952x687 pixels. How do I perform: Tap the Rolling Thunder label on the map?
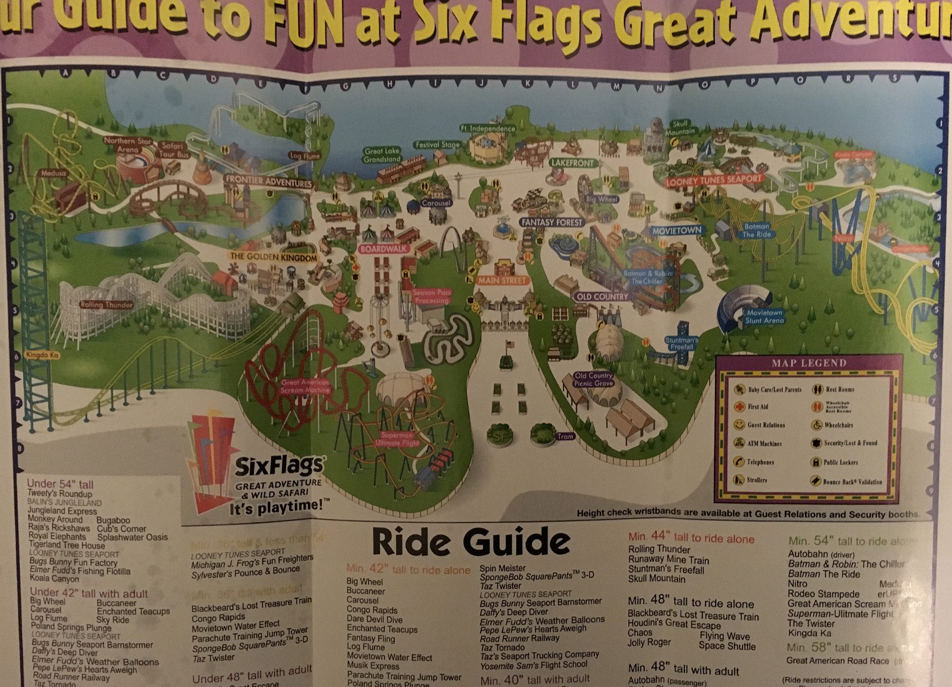coord(106,305)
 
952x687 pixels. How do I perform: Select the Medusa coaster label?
coord(53,173)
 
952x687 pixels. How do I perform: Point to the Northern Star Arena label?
coord(127,145)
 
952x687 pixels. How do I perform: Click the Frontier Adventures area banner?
coord(269,182)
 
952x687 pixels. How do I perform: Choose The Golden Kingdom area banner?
coord(273,257)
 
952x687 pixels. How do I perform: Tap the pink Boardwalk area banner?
coord(384,248)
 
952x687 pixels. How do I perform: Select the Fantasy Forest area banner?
coord(552,222)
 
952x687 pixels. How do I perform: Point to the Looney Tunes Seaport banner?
coord(713,180)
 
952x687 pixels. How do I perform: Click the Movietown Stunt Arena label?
coord(764,317)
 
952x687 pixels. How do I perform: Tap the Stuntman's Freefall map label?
coord(682,343)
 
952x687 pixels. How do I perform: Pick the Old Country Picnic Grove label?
coord(593,379)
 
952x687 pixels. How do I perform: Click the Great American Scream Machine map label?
coord(305,386)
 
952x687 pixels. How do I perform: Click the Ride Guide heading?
coord(471,543)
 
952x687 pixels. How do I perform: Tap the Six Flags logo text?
coord(278,466)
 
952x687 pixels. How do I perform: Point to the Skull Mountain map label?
coord(680,127)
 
